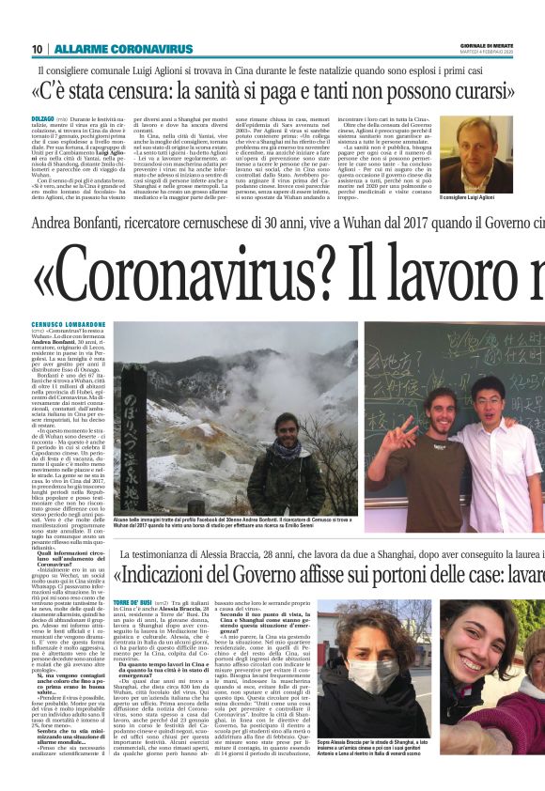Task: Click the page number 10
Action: [x=37, y=49]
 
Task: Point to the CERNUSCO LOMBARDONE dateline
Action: [x=67, y=325]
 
